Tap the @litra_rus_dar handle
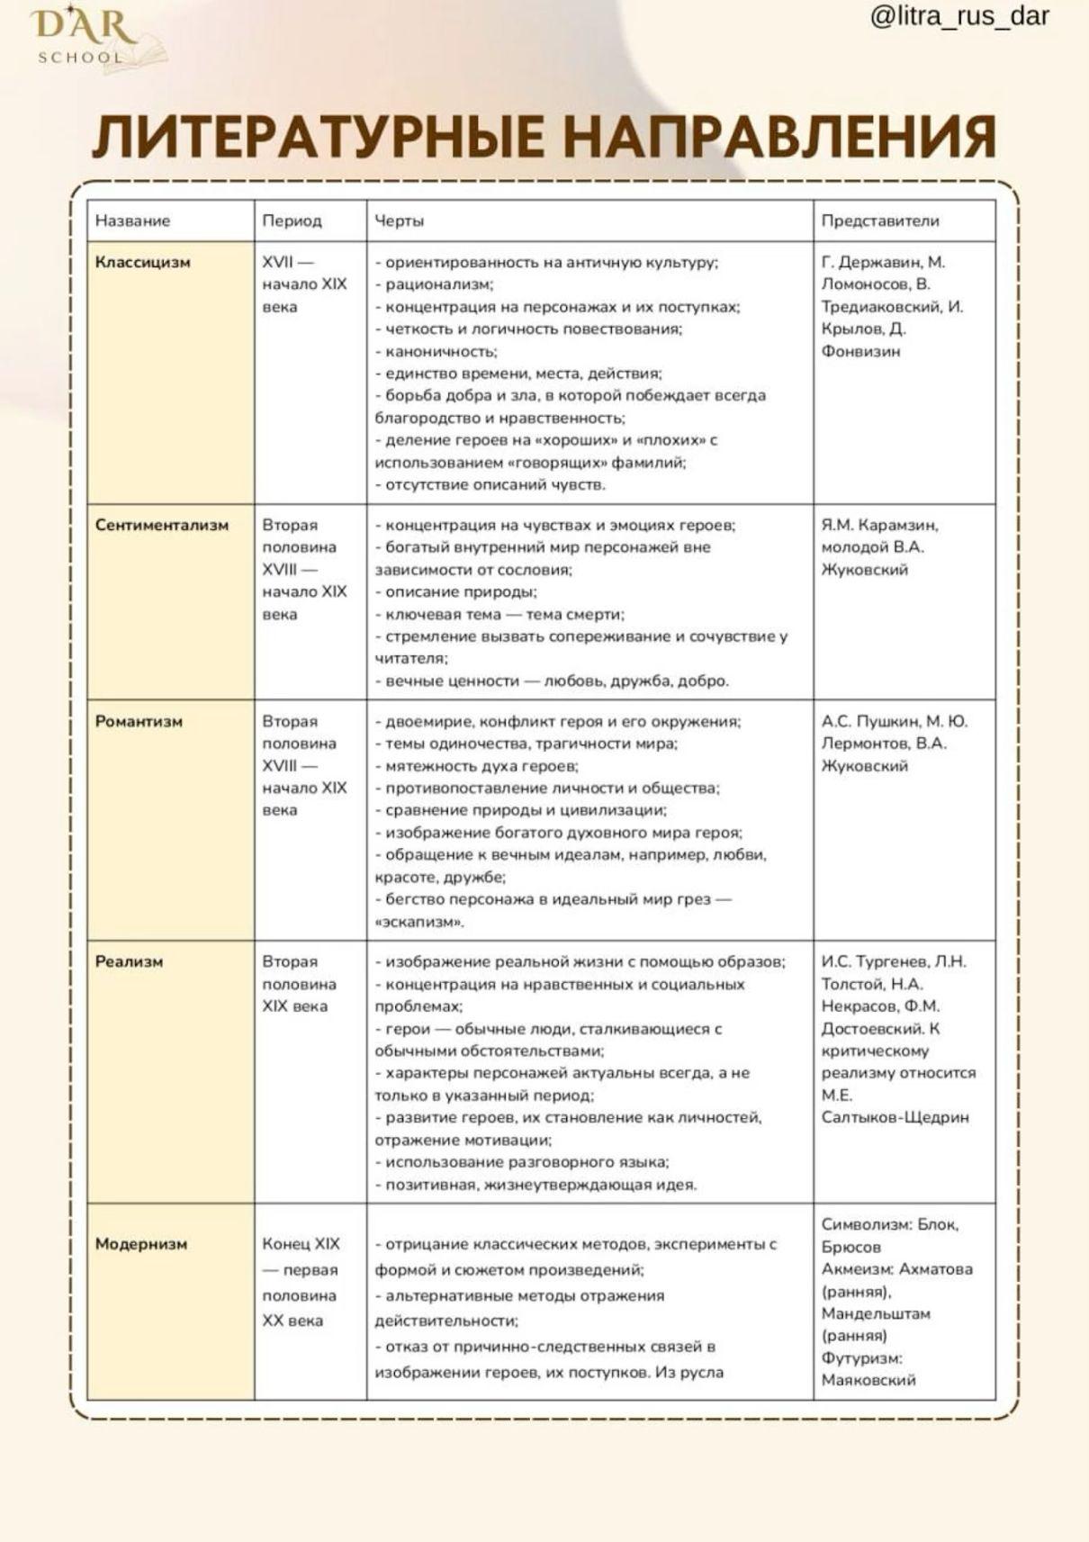click(x=959, y=15)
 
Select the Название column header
click(x=132, y=221)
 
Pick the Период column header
click(x=292, y=221)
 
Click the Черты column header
click(x=399, y=221)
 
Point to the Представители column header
click(x=879, y=221)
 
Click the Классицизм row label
click(x=142, y=263)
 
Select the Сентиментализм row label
click(x=162, y=525)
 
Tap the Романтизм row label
click(x=139, y=721)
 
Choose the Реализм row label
click(x=129, y=961)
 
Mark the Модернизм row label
click(x=141, y=1244)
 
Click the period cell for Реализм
click(x=299, y=984)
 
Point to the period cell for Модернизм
click(x=301, y=1282)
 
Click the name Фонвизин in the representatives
click(x=860, y=351)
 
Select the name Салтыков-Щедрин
click(x=895, y=1117)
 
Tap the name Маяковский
click(x=868, y=1380)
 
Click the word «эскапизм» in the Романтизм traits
click(x=419, y=922)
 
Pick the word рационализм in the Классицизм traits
click(x=438, y=284)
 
